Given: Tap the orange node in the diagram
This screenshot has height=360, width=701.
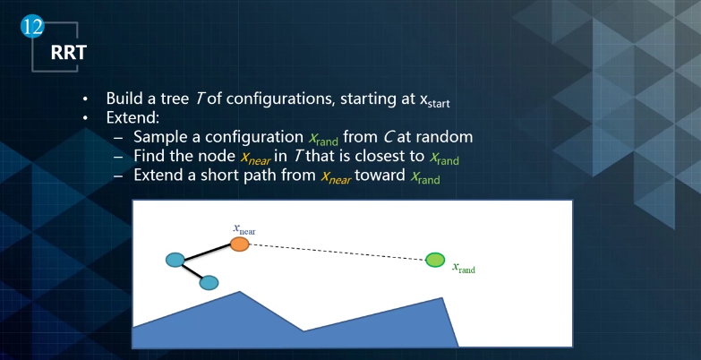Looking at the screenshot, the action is coord(239,243).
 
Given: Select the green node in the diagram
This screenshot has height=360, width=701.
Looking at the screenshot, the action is coord(434,260).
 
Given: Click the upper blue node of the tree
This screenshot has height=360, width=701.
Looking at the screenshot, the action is coord(175,261).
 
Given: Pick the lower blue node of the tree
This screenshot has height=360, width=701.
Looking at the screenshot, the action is coord(209,283).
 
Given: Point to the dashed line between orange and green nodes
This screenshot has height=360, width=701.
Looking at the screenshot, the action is coord(336,251).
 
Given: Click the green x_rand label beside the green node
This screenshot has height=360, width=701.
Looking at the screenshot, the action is coord(463,267).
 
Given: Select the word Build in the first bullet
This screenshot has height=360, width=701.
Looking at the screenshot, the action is coord(124,99).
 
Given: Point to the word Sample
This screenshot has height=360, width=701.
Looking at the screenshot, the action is coord(160,137).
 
